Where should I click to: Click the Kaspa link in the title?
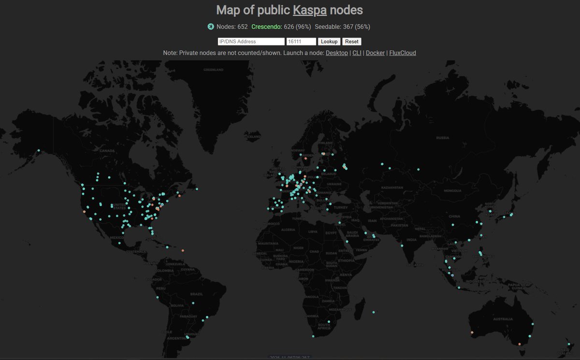point(310,10)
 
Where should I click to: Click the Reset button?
point(351,42)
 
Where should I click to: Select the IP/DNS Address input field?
point(251,42)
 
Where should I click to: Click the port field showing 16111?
point(301,42)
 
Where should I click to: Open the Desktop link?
point(336,53)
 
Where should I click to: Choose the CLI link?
point(357,53)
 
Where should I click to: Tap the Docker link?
point(375,53)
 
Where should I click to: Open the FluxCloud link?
point(403,53)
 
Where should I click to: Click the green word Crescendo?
point(267,27)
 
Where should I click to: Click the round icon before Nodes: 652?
point(211,27)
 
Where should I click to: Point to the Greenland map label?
point(213,70)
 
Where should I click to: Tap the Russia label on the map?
point(442,138)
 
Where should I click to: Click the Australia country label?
point(503,319)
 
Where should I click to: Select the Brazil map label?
point(197,294)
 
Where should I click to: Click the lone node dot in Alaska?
point(38,150)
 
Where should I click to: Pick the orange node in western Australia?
point(472,332)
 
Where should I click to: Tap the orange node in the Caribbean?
point(183,250)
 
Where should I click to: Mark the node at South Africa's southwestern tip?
point(313,336)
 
